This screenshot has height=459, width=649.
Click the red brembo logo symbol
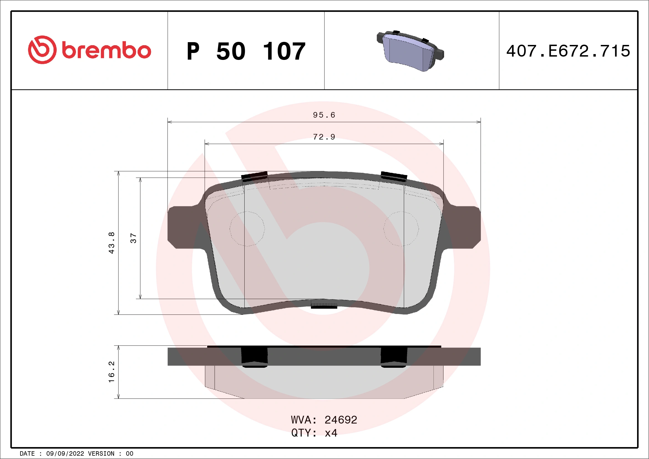coord(42,50)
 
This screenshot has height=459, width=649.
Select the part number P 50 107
coord(246,51)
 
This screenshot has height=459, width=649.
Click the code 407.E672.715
coord(568,51)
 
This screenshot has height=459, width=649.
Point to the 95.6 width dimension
coord(324,115)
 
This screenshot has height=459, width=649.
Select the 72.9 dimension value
coord(324,137)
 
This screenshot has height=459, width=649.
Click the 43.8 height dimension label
coord(112,242)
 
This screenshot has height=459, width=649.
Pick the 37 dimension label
coord(133,238)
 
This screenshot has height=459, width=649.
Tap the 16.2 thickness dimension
coord(112,372)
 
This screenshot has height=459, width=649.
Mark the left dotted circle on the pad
coord(247,229)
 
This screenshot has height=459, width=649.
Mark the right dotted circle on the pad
coord(401,229)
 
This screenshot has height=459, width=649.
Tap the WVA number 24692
coord(341,420)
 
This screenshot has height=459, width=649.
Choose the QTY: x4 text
coord(314,433)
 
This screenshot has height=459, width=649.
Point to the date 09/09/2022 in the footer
coord(65,454)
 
